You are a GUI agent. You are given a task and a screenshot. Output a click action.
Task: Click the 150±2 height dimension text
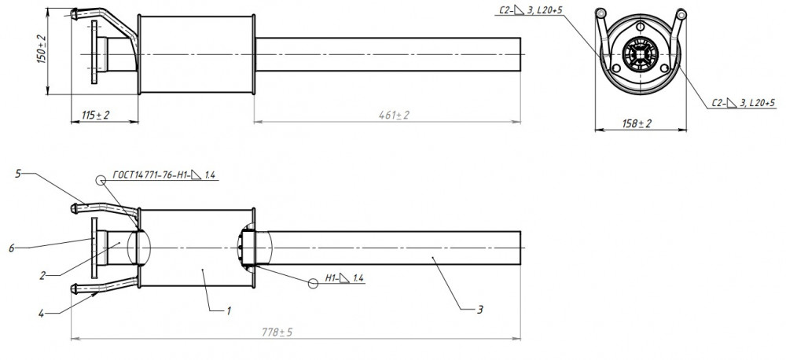coord(42,50)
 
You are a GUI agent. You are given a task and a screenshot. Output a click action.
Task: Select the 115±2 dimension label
coord(96,116)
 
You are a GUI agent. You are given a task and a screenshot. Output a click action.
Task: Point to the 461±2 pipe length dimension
coord(394,116)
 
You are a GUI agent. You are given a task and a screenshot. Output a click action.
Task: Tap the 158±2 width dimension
coord(637,123)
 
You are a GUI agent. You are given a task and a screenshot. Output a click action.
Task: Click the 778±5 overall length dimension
coord(277,332)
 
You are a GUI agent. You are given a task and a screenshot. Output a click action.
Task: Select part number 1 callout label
coord(229,311)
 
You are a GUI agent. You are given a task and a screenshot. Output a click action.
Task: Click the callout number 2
coord(43,275)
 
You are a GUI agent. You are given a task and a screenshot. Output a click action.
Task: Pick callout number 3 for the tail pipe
coord(479,310)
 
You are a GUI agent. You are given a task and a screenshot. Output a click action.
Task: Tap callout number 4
coord(41,314)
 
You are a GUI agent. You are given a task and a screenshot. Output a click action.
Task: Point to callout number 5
coord(18,174)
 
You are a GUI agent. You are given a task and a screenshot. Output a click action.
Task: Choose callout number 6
coord(12,248)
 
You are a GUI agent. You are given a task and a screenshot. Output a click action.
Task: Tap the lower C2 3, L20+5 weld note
coord(744,103)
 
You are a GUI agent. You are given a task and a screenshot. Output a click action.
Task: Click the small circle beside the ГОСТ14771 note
coord(101,179)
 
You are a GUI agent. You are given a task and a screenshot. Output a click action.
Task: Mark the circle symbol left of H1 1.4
coord(314,284)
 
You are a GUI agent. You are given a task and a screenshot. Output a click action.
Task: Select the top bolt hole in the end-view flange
coord(640,27)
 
